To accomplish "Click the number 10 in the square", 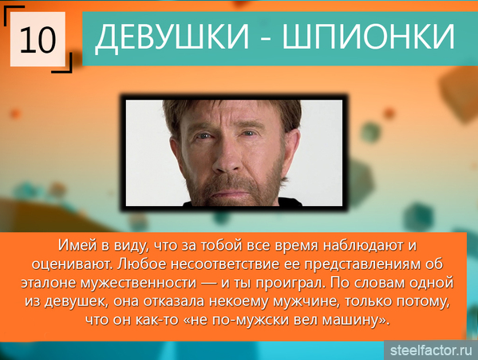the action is click(38, 39).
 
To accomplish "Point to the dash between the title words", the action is click(266, 39).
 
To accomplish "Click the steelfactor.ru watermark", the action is click(431, 350).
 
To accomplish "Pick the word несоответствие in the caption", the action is click(225, 264).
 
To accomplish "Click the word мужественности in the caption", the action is click(139, 283).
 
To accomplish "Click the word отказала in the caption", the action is click(174, 302).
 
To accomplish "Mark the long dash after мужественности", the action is click(209, 284).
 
